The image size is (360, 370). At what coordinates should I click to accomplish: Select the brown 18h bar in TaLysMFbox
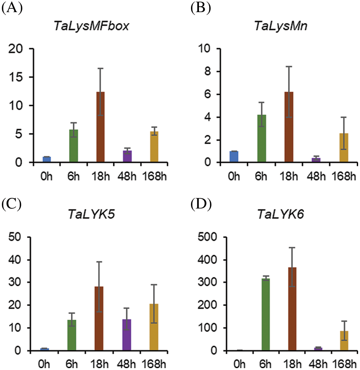[x=100, y=127]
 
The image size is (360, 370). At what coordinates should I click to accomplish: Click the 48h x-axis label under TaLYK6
[x=319, y=365]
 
